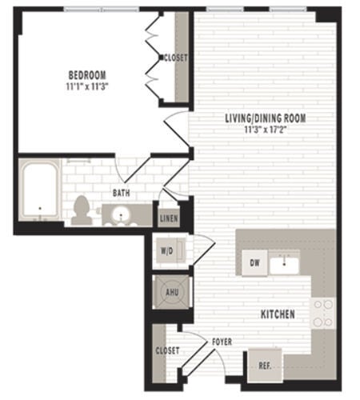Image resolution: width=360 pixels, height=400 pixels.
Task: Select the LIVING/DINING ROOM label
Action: click(265, 118)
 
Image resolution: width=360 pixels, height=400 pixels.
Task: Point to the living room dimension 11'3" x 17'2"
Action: click(265, 129)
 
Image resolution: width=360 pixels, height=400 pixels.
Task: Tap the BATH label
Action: click(121, 193)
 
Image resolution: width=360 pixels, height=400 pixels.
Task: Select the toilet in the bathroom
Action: click(80, 210)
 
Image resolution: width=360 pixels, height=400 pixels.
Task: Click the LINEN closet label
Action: click(169, 218)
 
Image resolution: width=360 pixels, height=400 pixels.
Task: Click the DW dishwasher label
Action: click(255, 262)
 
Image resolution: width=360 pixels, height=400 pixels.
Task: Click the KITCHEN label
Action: click(277, 314)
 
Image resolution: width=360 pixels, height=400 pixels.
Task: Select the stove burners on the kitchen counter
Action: click(322, 313)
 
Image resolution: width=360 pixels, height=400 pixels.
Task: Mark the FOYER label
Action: click(222, 342)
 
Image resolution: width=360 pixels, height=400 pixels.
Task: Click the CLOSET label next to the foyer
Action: click(168, 350)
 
